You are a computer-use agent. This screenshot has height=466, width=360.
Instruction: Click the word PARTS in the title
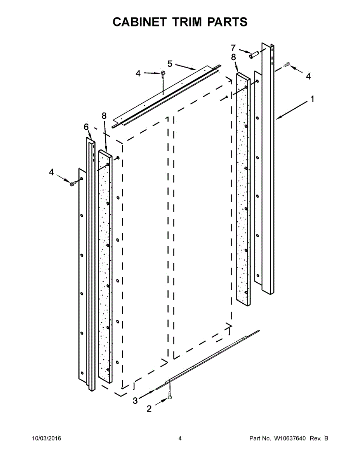[227, 22]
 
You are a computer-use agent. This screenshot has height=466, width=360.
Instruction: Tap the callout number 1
[312, 99]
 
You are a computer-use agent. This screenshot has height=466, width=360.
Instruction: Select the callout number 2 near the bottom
[149, 409]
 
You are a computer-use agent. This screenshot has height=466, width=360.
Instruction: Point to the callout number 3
[135, 401]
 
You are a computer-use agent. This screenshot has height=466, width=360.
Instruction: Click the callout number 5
[170, 63]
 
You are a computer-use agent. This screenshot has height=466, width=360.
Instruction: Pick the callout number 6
[86, 127]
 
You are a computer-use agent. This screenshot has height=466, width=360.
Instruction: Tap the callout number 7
[233, 48]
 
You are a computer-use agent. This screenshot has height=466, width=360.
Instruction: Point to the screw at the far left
[73, 183]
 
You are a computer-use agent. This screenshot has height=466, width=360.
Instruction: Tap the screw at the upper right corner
[287, 65]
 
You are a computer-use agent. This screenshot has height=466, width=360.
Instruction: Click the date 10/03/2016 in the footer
[46, 439]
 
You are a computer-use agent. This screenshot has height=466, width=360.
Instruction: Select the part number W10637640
[290, 439]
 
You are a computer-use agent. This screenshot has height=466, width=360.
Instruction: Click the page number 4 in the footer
[180, 439]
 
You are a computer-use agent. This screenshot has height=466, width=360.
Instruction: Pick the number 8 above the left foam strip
[104, 115]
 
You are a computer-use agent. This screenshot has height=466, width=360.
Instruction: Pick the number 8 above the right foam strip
[233, 57]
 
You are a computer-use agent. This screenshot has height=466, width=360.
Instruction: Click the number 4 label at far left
[52, 172]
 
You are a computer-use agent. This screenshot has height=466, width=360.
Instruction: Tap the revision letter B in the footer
[326, 439]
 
